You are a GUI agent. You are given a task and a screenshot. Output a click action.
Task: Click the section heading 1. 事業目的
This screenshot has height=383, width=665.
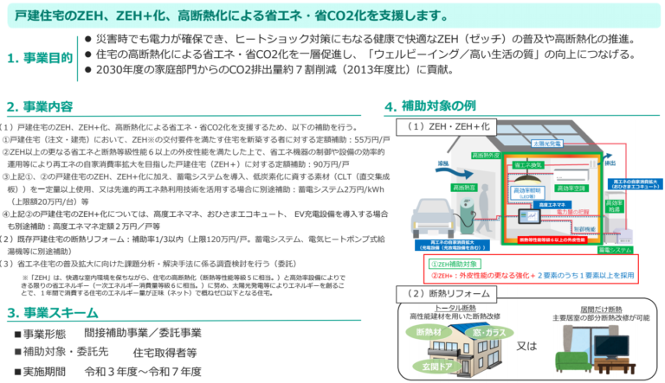[40, 58]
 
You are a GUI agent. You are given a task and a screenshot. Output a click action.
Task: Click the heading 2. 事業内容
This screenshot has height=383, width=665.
[39, 107]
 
